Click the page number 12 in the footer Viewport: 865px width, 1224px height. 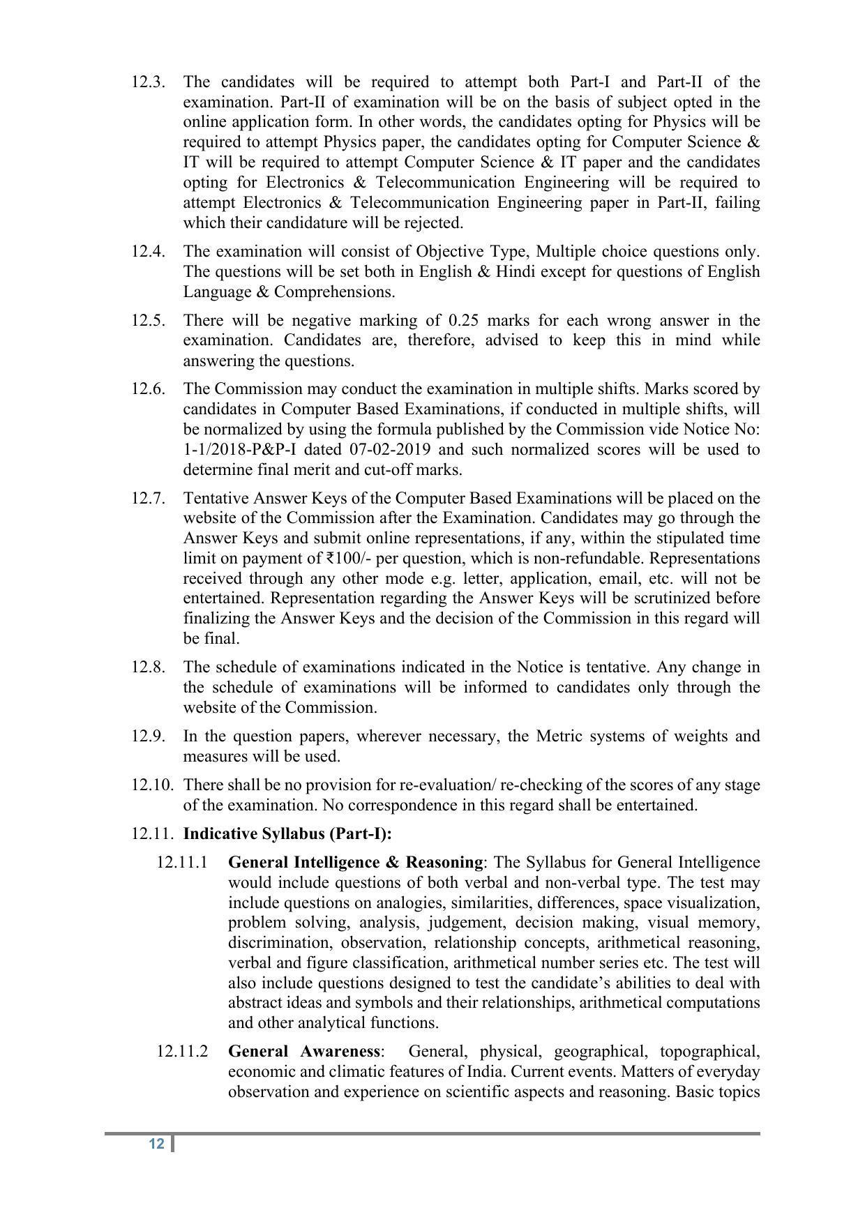(156, 1144)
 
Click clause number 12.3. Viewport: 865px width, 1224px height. (148, 82)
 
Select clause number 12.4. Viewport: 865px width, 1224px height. (148, 251)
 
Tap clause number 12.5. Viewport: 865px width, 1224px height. (148, 320)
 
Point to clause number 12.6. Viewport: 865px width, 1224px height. (148, 388)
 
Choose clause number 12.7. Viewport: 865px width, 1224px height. (148, 498)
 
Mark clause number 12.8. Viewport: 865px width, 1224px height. (148, 667)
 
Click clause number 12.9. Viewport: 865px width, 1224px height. (148, 736)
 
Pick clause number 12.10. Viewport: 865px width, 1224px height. (152, 785)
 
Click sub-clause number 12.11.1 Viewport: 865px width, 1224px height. (182, 862)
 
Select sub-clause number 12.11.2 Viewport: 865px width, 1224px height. (182, 1051)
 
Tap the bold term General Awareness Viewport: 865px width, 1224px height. (304, 1051)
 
